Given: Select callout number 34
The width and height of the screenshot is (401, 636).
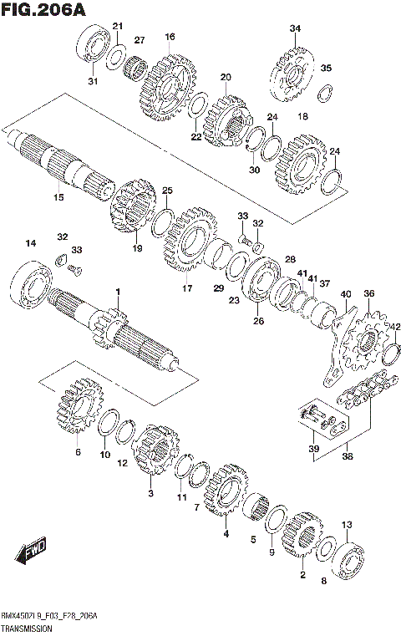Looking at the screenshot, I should click(x=295, y=29).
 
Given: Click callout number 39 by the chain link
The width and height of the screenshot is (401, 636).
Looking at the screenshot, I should click(x=314, y=449).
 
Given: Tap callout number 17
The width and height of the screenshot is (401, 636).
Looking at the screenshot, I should click(x=187, y=289).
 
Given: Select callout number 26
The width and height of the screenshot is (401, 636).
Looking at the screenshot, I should click(x=258, y=320).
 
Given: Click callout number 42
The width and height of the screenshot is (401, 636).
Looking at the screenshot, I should click(x=396, y=327).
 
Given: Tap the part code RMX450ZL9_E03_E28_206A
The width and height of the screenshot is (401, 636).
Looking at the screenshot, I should click(x=53, y=616).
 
